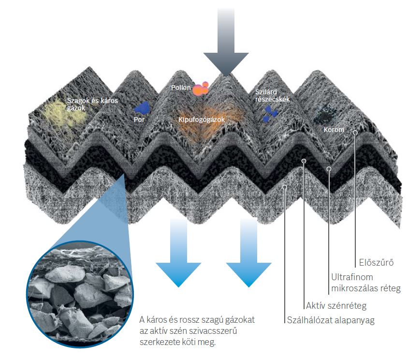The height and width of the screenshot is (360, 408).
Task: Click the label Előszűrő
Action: click(375, 263)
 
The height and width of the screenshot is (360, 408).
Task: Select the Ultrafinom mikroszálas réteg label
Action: click(365, 284)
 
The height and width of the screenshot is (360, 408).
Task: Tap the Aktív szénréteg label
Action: click(336, 305)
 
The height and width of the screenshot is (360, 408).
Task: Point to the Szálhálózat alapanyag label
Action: click(331, 319)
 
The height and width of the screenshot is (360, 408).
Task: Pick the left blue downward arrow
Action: click(178, 252)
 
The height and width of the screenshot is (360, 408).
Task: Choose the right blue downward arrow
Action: click(249, 252)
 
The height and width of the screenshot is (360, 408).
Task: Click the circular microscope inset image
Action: click(77, 290)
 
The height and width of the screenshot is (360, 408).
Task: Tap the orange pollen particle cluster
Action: click(200, 89)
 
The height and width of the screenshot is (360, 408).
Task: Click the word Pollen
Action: click(181, 88)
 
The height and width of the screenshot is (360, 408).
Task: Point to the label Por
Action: click(139, 118)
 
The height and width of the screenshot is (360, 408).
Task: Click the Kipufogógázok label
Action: click(202, 119)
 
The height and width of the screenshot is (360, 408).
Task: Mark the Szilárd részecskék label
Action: click(272, 96)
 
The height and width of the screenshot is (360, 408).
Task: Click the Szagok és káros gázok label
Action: click(92, 104)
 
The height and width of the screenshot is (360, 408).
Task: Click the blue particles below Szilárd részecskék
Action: click(270, 113)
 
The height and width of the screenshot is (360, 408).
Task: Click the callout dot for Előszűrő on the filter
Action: click(355, 132)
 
